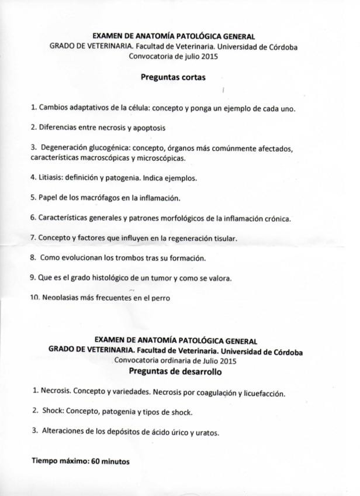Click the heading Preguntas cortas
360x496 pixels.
pyautogui.click(x=173, y=77)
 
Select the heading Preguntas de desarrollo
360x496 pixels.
pyautogui.click(x=175, y=371)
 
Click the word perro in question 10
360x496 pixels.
pyautogui.click(x=160, y=298)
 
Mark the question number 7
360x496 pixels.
pyautogui.click(x=33, y=238)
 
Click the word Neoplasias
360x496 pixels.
pyautogui.click(x=61, y=298)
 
